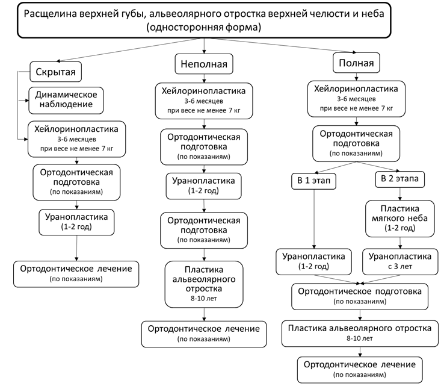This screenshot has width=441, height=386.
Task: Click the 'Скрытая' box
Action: point(56,72)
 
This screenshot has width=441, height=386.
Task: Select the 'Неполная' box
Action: point(204,64)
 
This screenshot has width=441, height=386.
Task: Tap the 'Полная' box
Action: point(356,63)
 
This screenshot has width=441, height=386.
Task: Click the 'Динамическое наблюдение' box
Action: point(66,101)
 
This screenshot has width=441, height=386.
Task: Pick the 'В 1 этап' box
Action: point(313,180)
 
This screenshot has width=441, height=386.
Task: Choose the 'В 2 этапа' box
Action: point(399,179)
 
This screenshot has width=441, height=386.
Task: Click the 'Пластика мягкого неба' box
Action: point(399,219)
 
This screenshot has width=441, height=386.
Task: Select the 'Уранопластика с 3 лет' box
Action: point(400,261)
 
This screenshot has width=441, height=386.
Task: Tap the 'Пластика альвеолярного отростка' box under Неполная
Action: point(204,284)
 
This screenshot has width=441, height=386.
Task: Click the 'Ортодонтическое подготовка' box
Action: point(360,296)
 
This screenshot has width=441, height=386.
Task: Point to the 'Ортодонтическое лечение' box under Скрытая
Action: point(76,274)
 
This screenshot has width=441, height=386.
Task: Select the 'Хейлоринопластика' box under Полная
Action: point(356,99)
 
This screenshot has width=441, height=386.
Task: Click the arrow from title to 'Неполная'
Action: point(204,46)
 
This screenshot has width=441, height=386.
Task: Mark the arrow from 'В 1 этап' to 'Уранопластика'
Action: point(314,219)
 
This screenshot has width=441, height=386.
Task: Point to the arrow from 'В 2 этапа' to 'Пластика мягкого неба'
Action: point(400,194)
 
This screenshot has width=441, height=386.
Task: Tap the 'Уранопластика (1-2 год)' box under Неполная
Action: point(203,186)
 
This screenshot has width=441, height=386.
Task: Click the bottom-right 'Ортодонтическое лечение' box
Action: point(360,370)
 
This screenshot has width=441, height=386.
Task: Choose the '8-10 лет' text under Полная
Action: point(360,338)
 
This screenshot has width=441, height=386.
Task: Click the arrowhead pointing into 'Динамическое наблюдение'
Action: point(27,101)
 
